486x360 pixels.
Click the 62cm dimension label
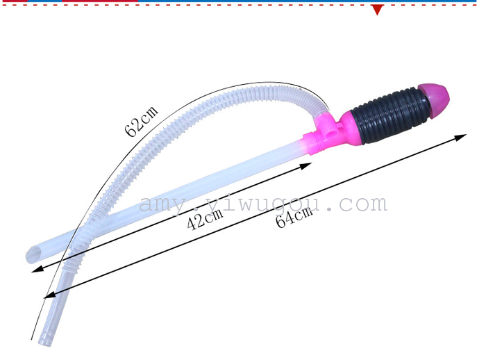[142, 121]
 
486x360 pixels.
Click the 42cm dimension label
[205, 218]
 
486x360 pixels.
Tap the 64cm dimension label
[294, 218]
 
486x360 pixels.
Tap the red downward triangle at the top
[377, 10]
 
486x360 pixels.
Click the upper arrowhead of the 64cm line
[460, 137]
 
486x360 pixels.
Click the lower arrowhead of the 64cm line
[49, 295]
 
